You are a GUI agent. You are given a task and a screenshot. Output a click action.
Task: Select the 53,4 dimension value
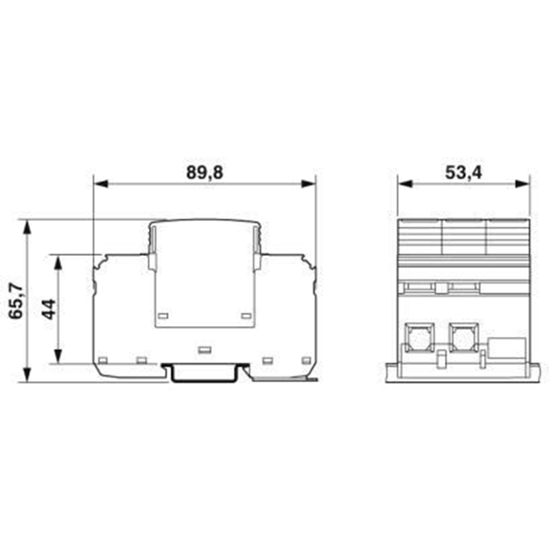pos(463,173)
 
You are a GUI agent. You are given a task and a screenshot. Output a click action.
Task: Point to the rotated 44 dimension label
pos(49,309)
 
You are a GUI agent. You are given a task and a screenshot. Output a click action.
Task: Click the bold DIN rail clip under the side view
pos(205,373)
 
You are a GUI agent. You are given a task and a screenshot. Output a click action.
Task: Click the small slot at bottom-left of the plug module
pos(163,316)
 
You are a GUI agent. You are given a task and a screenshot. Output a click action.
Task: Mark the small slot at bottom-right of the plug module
pos(246,316)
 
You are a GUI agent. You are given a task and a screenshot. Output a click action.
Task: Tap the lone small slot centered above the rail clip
pos(204,350)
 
